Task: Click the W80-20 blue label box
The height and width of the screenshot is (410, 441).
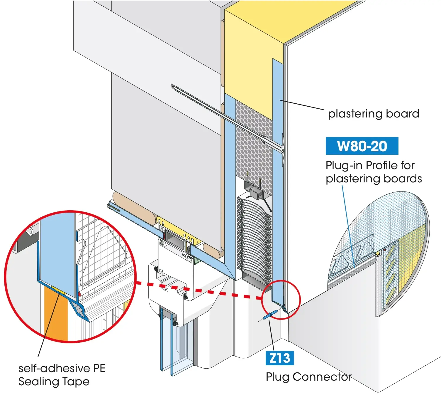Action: pos(362,146)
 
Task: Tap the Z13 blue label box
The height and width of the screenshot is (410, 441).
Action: pos(279,358)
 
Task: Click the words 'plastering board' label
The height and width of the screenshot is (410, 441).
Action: pos(373,114)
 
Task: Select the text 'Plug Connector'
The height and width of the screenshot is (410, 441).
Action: pos(308,377)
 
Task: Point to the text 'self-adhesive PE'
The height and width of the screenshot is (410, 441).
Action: pos(62,368)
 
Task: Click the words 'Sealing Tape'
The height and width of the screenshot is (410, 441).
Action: pos(54,382)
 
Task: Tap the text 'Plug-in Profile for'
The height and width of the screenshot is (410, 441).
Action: pos(370,165)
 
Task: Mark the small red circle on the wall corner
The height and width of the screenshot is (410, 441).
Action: pos(281,300)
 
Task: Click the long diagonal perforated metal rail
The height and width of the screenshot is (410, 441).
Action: pos(217,111)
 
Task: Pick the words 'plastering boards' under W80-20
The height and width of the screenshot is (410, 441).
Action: pos(374,179)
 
